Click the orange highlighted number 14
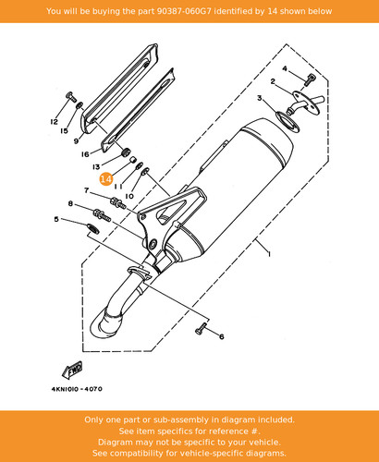105,179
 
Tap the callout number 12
54,122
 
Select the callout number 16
85,154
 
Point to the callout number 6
222,336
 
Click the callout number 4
285,68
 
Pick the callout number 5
56,219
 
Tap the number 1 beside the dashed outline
269,254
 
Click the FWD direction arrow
72,370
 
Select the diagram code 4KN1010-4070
77,389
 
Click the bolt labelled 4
310,79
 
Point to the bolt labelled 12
71,97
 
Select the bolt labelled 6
201,329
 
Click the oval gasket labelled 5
92,228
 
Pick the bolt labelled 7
118,203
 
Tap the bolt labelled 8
102,214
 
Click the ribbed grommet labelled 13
126,152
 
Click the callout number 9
76,141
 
